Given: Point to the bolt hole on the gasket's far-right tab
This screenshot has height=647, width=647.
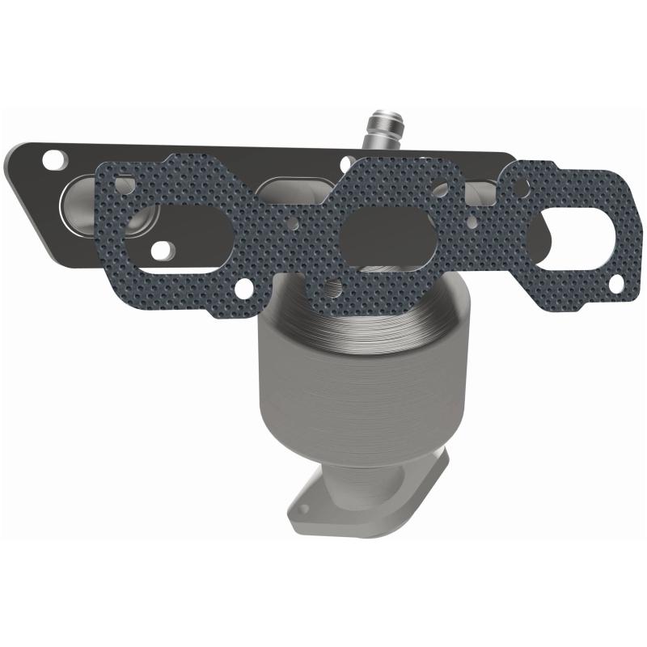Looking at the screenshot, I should (616, 284).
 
